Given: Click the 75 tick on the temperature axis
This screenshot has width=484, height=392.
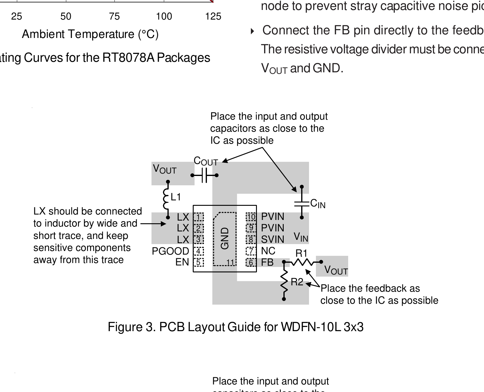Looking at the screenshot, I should click(114, 16).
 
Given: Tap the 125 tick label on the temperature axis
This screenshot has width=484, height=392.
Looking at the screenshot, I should click(213, 16).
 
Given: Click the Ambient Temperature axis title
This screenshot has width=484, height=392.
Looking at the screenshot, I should click(90, 34).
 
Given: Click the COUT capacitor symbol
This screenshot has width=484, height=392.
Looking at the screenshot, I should click(205, 175).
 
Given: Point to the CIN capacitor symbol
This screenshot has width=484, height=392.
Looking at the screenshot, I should click(301, 203).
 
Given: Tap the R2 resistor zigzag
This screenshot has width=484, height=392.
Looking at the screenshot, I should click(284, 281).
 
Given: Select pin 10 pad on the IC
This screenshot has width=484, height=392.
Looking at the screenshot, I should click(251, 217).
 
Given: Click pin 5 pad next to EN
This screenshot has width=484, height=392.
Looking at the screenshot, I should click(198, 262).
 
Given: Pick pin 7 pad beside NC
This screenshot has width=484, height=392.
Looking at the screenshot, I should click(251, 251).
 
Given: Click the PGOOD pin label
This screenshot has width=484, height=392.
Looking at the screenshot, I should click(170, 251).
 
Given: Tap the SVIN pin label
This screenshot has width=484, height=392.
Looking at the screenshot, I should click(273, 240).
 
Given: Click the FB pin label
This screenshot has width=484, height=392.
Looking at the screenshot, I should click(267, 262).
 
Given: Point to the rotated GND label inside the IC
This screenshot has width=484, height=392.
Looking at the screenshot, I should click(225, 238).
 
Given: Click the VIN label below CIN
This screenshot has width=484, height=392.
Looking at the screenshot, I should click(301, 237).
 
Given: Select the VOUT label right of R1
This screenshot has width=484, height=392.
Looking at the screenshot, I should click(336, 270).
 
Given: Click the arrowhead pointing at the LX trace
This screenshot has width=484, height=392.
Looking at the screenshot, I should click(164, 224).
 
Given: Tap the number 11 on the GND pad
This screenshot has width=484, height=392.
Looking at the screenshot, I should click(230, 262).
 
